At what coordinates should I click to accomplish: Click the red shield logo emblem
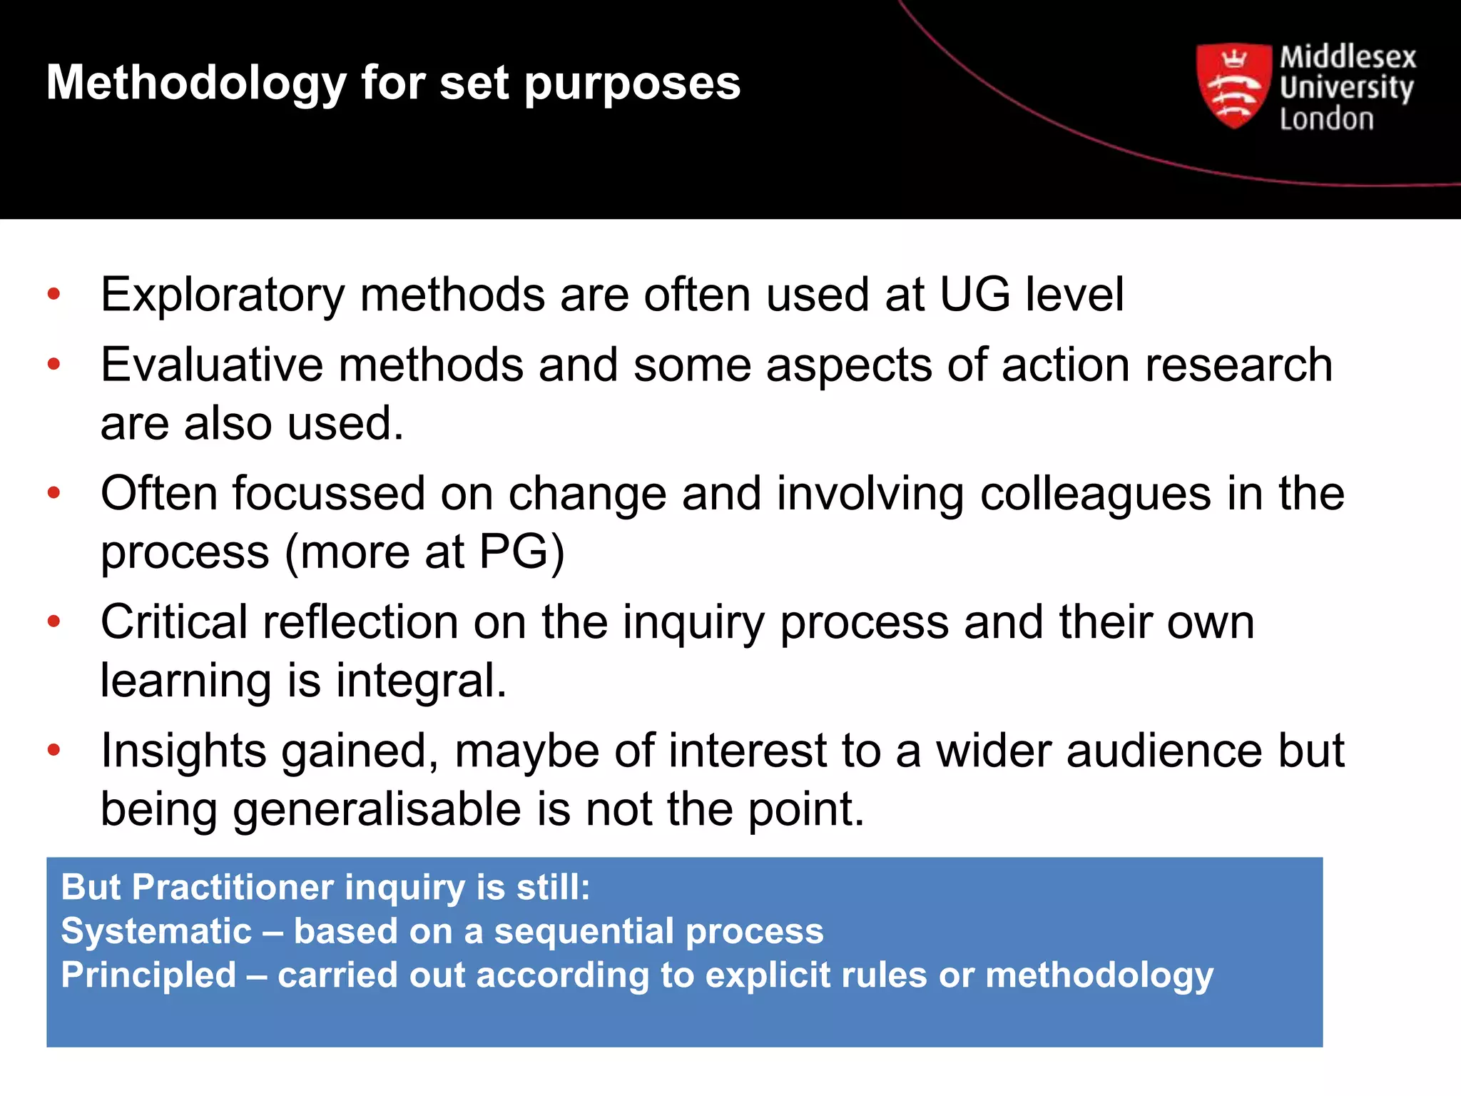pos(1233,86)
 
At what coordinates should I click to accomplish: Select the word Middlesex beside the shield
pos(1348,57)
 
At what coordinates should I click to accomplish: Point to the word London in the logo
pos(1326,119)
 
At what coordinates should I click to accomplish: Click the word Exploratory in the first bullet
pos(223,295)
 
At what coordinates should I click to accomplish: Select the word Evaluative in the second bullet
pos(211,365)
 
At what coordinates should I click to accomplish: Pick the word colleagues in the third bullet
pos(1096,494)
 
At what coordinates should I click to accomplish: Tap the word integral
pos(421,680)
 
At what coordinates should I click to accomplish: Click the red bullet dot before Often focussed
pos(54,492)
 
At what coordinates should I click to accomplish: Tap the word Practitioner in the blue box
pos(233,888)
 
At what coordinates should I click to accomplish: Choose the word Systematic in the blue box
pos(156,931)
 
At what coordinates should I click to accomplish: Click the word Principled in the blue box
pos(148,975)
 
